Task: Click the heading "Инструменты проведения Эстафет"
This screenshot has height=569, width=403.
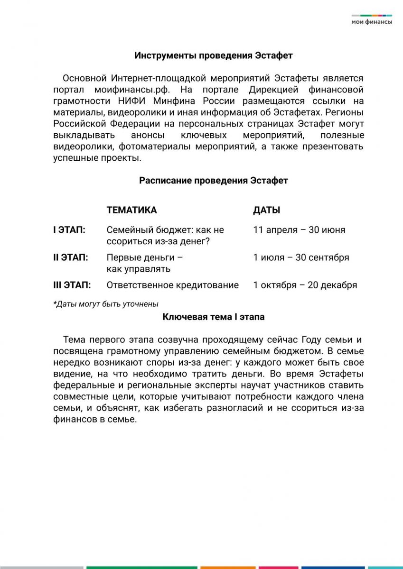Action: pyautogui.click(x=213, y=55)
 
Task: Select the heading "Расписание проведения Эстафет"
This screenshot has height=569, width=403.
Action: pyautogui.click(x=213, y=181)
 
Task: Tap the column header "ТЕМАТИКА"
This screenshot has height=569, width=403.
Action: pyautogui.click(x=131, y=210)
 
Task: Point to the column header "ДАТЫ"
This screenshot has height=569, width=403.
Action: pyautogui.click(x=266, y=210)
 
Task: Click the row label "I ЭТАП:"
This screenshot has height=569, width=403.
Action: pyautogui.click(x=69, y=230)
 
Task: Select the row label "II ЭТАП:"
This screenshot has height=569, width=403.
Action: pyautogui.click(x=70, y=257)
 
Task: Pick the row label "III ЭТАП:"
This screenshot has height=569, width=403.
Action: pyautogui.click(x=72, y=285)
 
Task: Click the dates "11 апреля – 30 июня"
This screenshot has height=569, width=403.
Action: pyautogui.click(x=299, y=230)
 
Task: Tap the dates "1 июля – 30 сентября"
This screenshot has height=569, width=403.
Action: pyautogui.click(x=301, y=257)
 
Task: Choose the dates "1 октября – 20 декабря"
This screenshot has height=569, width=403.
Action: pyautogui.click(x=305, y=285)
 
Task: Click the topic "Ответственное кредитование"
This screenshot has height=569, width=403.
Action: pyautogui.click(x=172, y=285)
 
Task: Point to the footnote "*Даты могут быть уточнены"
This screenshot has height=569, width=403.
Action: pyautogui.click(x=105, y=304)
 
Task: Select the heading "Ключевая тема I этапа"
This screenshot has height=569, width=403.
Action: pyautogui.click(x=213, y=317)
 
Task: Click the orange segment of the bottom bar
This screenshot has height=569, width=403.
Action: pyautogui.click(x=227, y=567)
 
